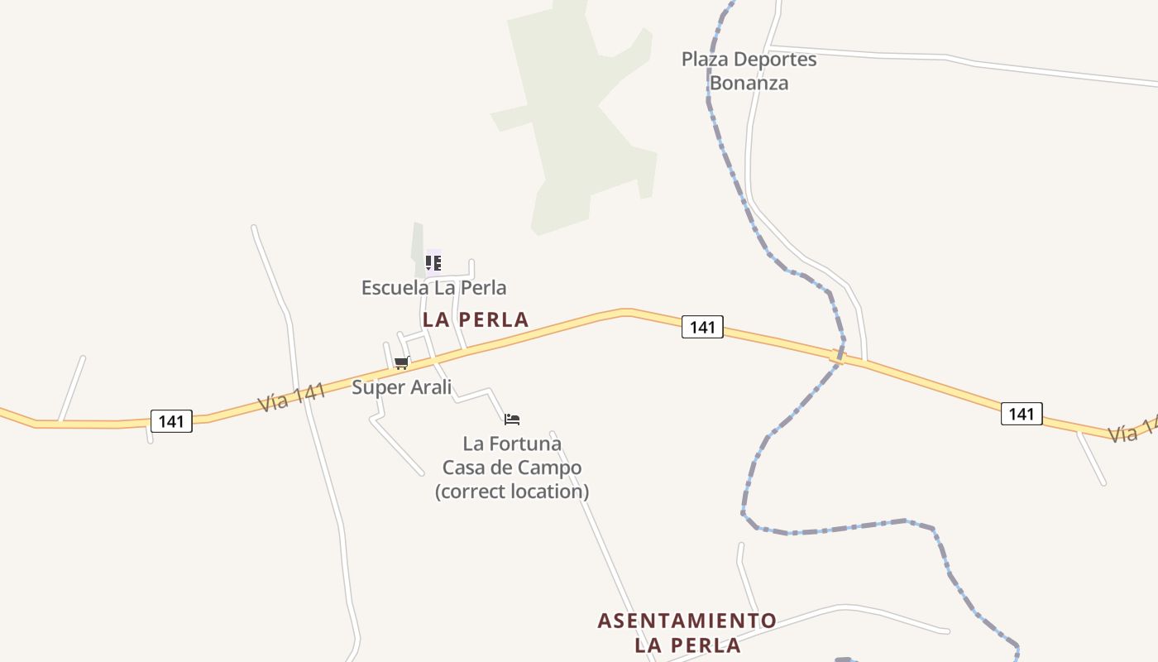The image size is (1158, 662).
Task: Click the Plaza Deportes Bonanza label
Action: [x=749, y=71]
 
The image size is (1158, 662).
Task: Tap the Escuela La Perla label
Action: [x=433, y=288]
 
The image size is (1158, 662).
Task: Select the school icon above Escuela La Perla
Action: [x=433, y=263]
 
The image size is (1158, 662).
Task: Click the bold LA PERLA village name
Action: [x=475, y=319]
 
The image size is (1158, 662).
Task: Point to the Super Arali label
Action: [x=401, y=387]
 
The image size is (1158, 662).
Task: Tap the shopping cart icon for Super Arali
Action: [x=402, y=362]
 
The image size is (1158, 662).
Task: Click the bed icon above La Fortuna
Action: [x=512, y=420]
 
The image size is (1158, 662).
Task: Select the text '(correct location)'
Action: [x=512, y=492]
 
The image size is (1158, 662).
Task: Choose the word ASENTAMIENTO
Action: [x=687, y=621]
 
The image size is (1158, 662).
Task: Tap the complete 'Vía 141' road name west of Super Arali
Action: [x=291, y=396]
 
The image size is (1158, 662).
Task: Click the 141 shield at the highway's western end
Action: [x=171, y=421]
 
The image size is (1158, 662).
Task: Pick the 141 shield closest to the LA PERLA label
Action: [x=702, y=327]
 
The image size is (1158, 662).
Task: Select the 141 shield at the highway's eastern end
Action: [x=1022, y=414]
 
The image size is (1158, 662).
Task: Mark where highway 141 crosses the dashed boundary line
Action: [x=838, y=357]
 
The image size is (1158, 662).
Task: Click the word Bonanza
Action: [x=749, y=83]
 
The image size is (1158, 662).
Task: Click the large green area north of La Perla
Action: [x=579, y=124]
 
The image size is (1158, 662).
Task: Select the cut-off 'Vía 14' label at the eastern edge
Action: [x=1132, y=431]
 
